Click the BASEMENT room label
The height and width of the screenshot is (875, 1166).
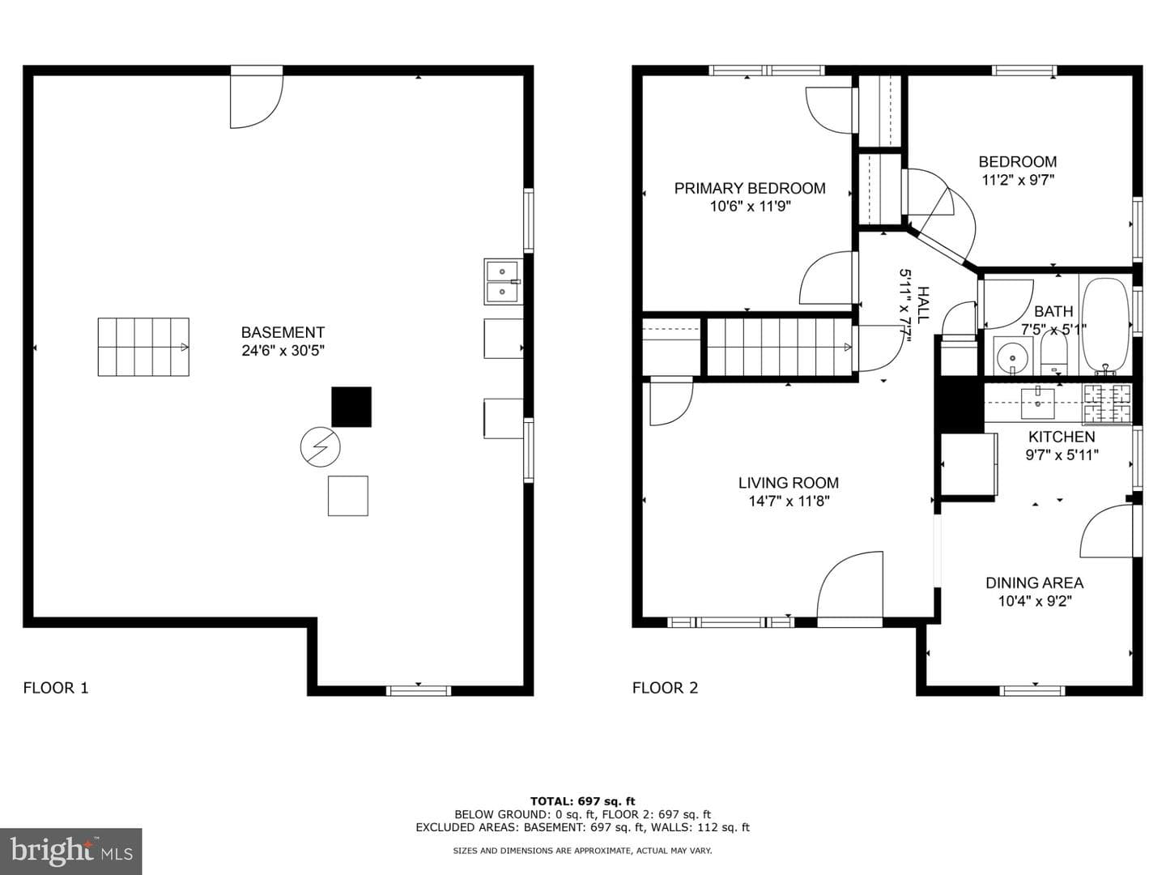(x=283, y=332)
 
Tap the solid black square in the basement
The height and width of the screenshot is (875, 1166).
(x=351, y=407)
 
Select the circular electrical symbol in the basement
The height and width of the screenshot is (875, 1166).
(x=321, y=447)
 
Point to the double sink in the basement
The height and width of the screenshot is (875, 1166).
(x=503, y=282)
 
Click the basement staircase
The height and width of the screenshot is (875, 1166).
(x=143, y=347)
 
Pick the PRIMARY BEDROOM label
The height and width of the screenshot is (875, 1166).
(x=750, y=188)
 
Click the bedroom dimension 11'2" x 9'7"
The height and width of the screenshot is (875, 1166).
(x=1018, y=180)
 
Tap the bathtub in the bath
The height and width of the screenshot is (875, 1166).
(x=1106, y=325)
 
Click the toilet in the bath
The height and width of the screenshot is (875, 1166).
(x=1053, y=352)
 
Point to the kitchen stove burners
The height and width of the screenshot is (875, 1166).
(x=1108, y=403)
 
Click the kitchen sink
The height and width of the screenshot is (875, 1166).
(x=1038, y=403)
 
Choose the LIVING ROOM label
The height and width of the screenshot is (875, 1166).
(x=789, y=483)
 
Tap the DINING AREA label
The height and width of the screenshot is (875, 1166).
(x=1034, y=583)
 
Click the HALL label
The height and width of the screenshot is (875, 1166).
(x=924, y=305)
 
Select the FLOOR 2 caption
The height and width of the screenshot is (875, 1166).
(x=665, y=688)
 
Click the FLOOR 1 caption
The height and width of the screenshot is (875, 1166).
(x=56, y=688)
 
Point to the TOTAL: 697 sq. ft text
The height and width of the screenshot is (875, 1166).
(x=583, y=801)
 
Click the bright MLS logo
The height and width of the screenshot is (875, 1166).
(x=71, y=851)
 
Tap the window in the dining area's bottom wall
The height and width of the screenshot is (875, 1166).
(x=1032, y=690)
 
